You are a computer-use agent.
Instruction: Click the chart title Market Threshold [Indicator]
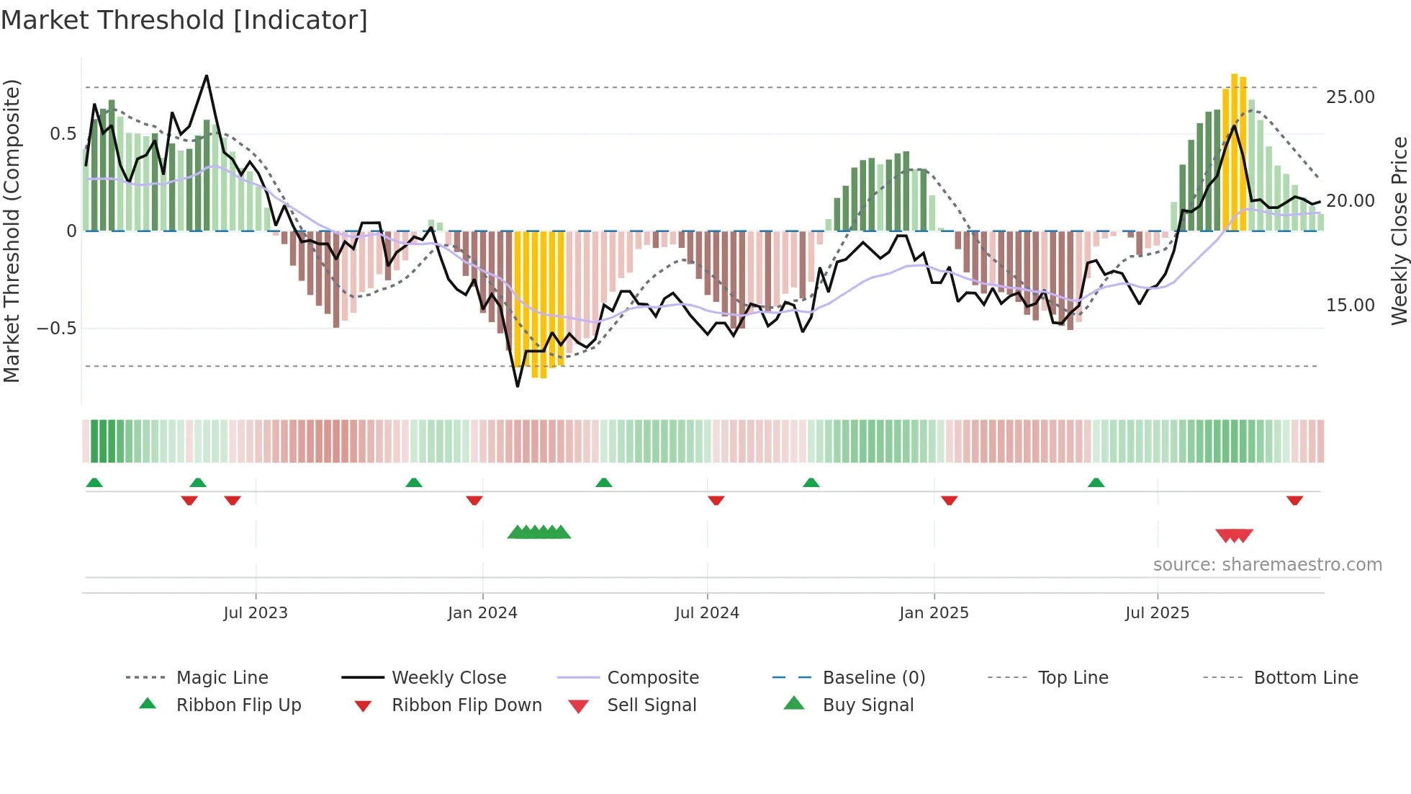[x=184, y=20]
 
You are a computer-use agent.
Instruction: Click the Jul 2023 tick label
[x=256, y=613]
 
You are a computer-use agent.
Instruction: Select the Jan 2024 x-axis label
[x=482, y=613]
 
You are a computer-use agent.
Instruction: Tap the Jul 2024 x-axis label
[x=707, y=613]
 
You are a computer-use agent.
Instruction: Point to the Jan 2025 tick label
[x=934, y=613]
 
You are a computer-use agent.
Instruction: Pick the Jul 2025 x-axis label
[x=1158, y=613]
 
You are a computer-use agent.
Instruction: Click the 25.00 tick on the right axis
[x=1350, y=97]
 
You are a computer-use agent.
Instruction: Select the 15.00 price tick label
[x=1350, y=305]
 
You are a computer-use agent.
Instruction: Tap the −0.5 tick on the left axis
[x=56, y=329]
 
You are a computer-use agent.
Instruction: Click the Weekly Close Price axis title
[x=1399, y=231]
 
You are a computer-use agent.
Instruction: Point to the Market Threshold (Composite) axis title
[x=12, y=231]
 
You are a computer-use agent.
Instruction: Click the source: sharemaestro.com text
[x=1267, y=565]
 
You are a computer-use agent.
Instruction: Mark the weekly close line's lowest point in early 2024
[x=518, y=386]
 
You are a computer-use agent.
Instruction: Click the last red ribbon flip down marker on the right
[x=1294, y=500]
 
